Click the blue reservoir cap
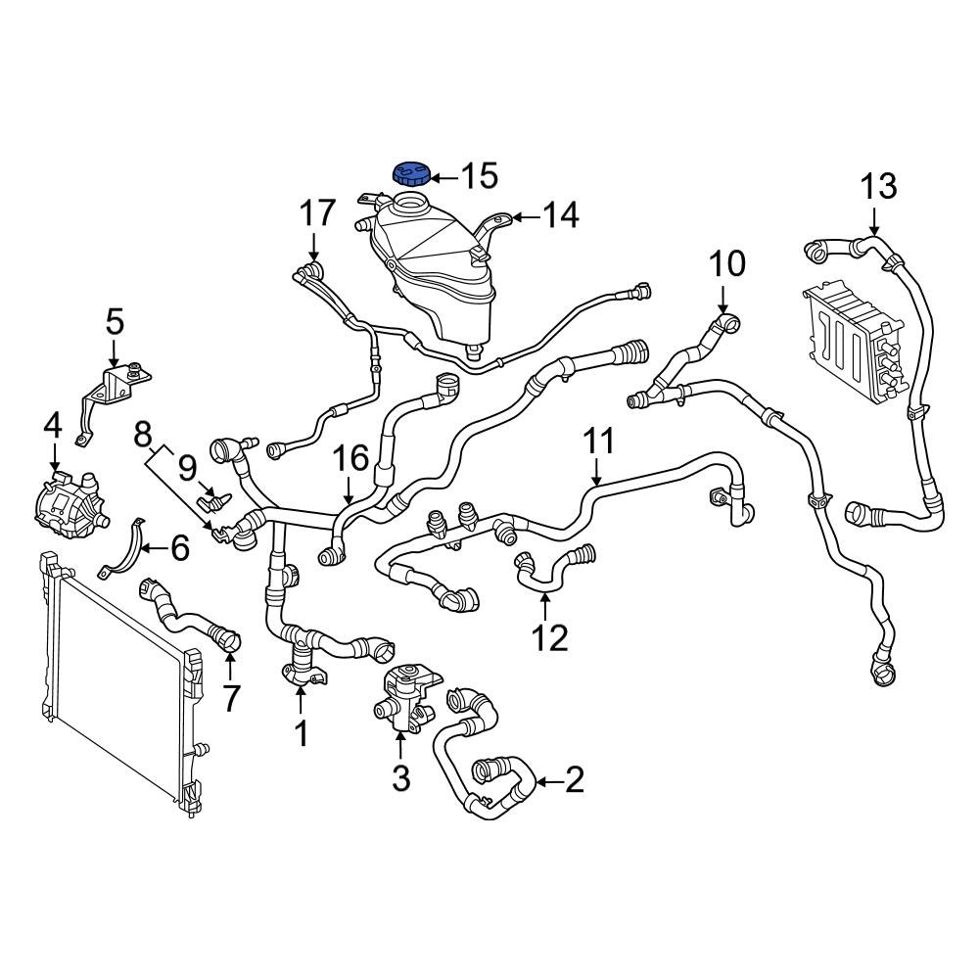[411, 175]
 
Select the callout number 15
[480, 176]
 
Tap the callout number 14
[561, 214]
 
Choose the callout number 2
[574, 780]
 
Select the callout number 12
[549, 638]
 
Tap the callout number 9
[186, 468]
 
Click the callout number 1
[301, 731]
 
